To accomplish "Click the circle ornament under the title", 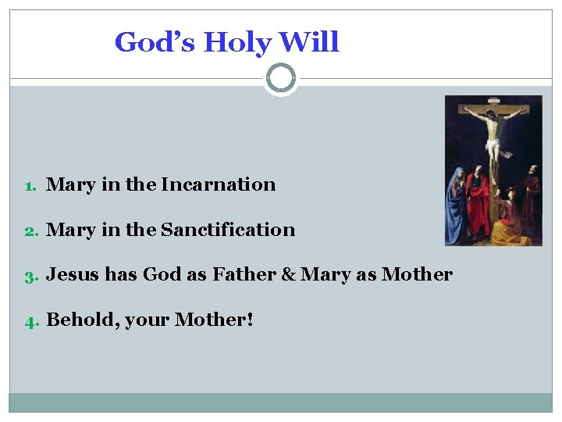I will [x=281, y=78].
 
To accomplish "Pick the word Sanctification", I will [x=228, y=230].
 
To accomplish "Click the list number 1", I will [x=29, y=186].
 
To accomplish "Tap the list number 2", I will [x=29, y=231].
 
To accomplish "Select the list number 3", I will [x=29, y=276].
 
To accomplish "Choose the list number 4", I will [x=29, y=320].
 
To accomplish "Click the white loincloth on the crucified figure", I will [x=493, y=145].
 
